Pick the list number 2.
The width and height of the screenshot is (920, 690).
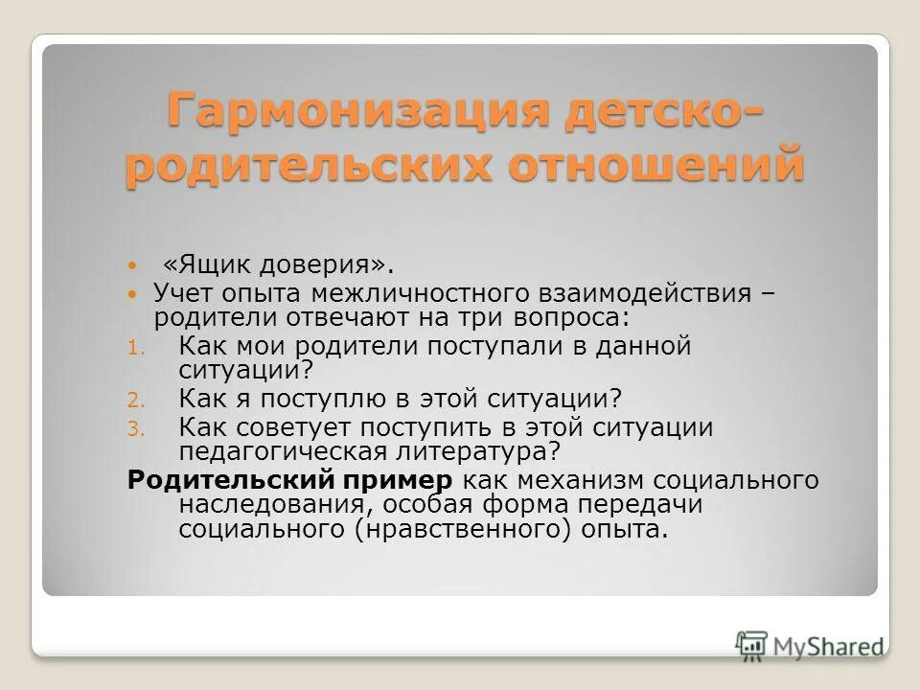pyautogui.click(x=135, y=399)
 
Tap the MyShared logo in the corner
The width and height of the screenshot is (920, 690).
pyautogui.click(x=810, y=645)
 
